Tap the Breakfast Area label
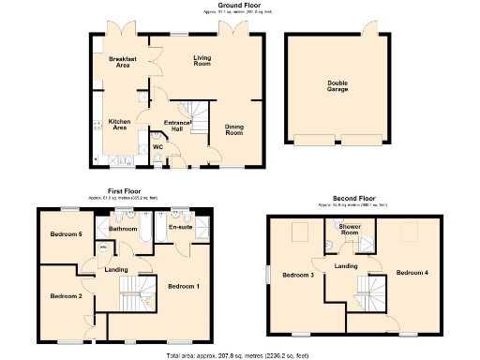[123, 63]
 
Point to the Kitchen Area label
[118, 124]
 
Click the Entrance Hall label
[178, 126]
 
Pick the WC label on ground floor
[157, 146]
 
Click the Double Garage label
[337, 86]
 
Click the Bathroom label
[124, 228]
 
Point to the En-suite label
[180, 227]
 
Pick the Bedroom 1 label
[184, 285]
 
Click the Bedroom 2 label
[67, 295]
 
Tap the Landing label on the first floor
[117, 270]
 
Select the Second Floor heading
[353, 199]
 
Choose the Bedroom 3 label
[299, 275]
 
